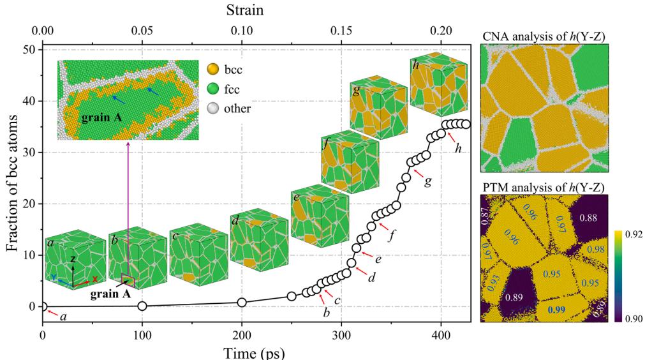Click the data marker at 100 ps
pyautogui.click(x=142, y=306)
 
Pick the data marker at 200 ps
pyautogui.click(x=242, y=302)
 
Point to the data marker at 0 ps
pyautogui.click(x=43, y=306)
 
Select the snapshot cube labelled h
pyautogui.click(x=434, y=83)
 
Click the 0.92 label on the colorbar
pyautogui.click(x=634, y=234)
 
